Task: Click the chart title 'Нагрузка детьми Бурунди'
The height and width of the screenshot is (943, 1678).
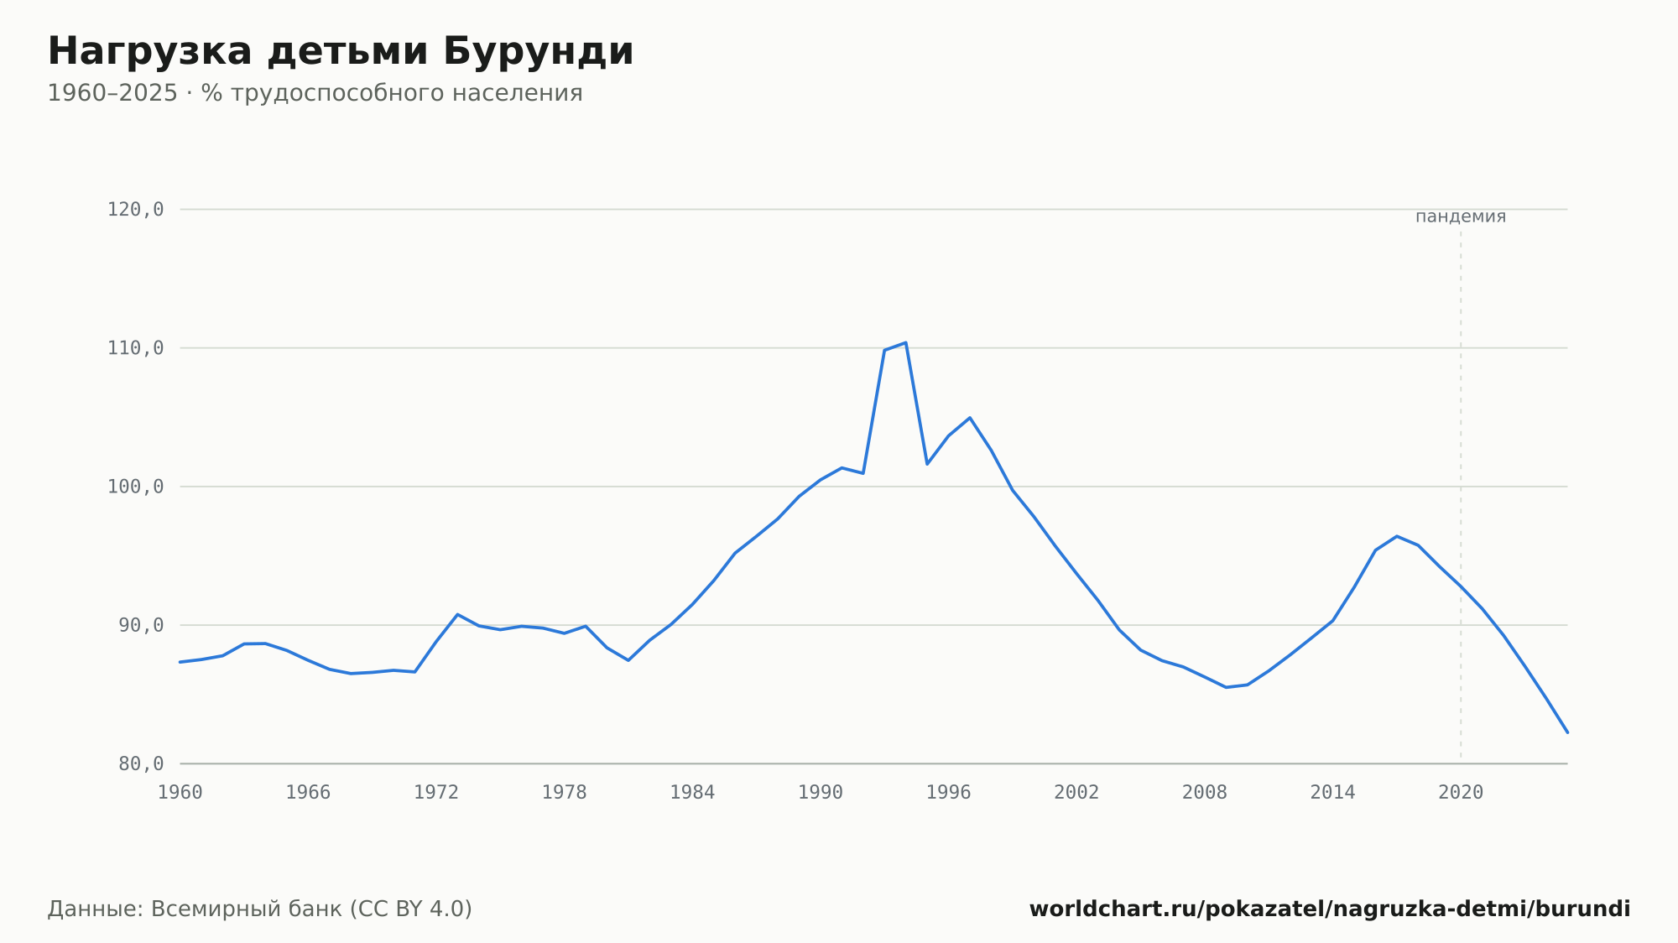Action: pos(341,52)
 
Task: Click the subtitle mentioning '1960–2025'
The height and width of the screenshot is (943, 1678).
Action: pos(315,93)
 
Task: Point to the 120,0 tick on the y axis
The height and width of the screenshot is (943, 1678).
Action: pos(135,210)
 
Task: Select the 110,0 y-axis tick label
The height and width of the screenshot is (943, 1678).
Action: pos(135,348)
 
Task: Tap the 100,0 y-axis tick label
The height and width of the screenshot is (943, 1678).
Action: pos(135,487)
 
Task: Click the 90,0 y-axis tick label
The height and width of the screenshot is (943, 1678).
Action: pos(141,625)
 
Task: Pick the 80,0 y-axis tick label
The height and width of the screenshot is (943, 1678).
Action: pos(141,763)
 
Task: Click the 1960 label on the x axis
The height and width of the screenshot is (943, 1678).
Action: pos(180,793)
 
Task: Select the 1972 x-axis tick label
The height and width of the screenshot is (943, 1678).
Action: pos(436,793)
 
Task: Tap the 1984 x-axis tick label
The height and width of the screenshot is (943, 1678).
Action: pos(692,793)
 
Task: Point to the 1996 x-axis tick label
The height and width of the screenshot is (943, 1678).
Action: pos(949,793)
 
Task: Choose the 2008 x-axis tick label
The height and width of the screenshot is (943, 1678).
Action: pos(1205,793)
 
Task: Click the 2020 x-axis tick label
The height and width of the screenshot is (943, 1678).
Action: pos(1461,793)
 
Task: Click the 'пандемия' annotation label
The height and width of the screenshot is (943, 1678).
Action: pos(1461,216)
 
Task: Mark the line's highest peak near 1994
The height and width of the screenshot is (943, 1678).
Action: pos(906,342)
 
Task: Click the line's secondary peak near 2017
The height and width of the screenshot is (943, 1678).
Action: pos(1397,536)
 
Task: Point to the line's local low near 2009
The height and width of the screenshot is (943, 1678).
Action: pos(1226,687)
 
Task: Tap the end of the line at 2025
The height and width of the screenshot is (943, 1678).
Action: pos(1567,732)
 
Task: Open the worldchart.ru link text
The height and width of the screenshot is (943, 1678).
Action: pos(1330,909)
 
